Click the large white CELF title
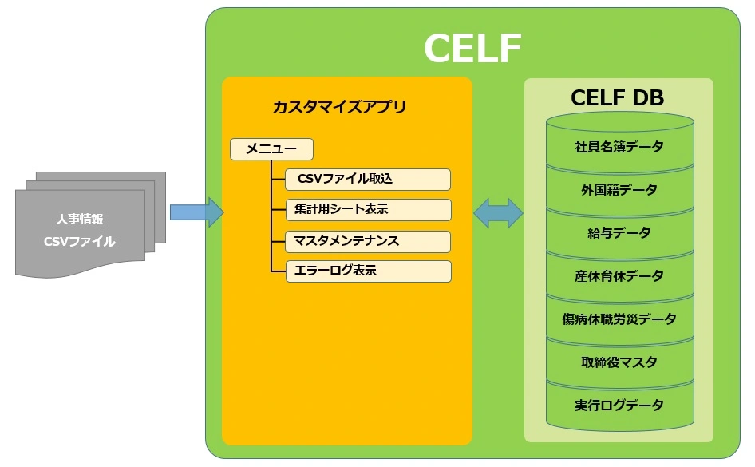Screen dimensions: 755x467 tap(472, 48)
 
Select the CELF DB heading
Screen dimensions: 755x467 tap(617, 97)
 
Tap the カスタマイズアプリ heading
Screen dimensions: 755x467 tap(339, 106)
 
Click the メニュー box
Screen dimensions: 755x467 tap(271, 148)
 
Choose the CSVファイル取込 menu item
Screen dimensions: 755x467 tap(368, 179)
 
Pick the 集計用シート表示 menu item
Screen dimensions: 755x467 tap(368, 209)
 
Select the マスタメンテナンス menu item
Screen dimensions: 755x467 tap(368, 241)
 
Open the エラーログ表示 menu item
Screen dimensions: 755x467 tap(368, 271)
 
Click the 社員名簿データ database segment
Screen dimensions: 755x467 tap(619, 146)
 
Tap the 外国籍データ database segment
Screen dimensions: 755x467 tap(619, 190)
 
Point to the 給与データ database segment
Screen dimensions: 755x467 tap(619, 233)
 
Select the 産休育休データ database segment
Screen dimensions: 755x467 tap(619, 276)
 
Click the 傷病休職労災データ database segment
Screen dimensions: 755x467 tap(619, 319)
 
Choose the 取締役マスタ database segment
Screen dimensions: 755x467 tap(619, 362)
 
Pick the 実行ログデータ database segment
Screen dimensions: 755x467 tap(619, 406)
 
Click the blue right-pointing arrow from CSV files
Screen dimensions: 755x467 tap(197, 212)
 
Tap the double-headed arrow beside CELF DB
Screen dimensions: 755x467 tap(498, 212)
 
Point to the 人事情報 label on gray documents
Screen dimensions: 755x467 tap(80, 219)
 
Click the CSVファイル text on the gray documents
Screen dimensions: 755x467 tap(80, 241)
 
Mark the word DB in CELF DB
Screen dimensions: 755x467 tap(648, 97)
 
